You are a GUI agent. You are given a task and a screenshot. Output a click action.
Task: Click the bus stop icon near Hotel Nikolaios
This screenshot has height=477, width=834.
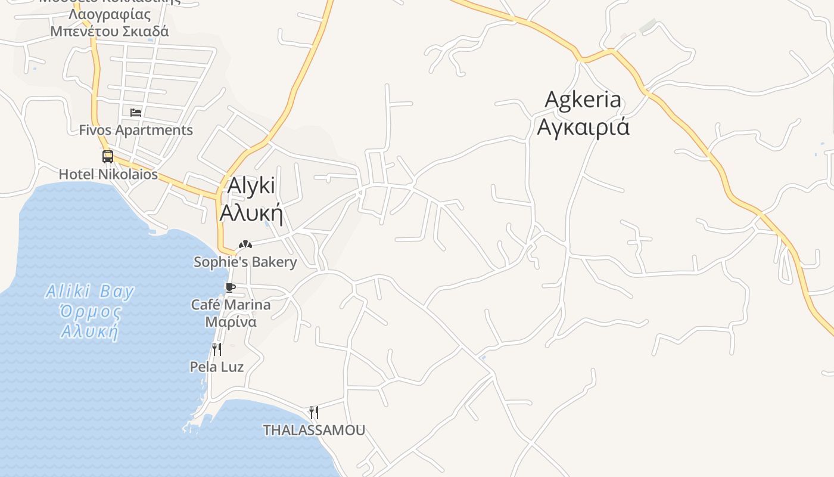(x=108, y=157)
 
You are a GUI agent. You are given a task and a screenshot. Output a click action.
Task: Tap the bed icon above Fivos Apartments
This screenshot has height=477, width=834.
(x=136, y=112)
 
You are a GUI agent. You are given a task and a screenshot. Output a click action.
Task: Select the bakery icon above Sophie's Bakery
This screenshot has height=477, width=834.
(x=245, y=244)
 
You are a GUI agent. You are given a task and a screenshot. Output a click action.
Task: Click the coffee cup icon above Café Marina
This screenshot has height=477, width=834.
(x=231, y=288)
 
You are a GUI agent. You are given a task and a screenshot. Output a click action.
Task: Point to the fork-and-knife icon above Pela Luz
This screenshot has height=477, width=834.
(x=217, y=349)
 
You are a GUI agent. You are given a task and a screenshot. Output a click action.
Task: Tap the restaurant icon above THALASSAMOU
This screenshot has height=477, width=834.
(x=314, y=412)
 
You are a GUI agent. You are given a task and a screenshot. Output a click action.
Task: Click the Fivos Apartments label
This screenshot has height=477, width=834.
(x=136, y=130)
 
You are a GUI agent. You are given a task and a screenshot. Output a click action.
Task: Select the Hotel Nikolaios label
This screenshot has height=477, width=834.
(x=108, y=174)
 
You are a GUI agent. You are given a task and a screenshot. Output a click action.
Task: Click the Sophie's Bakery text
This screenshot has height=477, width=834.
(x=245, y=262)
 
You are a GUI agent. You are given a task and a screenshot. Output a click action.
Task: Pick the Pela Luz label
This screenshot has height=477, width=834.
(x=217, y=367)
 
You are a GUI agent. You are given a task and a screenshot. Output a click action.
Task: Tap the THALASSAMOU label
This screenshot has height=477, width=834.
(x=314, y=430)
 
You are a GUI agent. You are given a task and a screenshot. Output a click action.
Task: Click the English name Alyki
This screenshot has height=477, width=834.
(x=251, y=186)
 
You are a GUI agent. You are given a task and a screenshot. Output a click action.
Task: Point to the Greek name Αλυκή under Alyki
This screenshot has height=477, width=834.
(x=251, y=212)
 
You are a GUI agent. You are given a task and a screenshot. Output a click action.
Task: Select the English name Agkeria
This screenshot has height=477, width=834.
(x=583, y=100)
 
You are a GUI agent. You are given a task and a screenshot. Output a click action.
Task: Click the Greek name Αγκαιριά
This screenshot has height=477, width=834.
(x=583, y=127)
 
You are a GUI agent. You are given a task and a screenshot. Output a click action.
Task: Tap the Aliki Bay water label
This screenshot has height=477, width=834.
(x=90, y=292)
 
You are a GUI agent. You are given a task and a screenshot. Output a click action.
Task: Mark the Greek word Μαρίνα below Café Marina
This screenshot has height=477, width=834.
(x=231, y=322)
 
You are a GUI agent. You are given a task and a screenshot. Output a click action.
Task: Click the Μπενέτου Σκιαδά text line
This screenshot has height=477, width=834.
(x=110, y=31)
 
